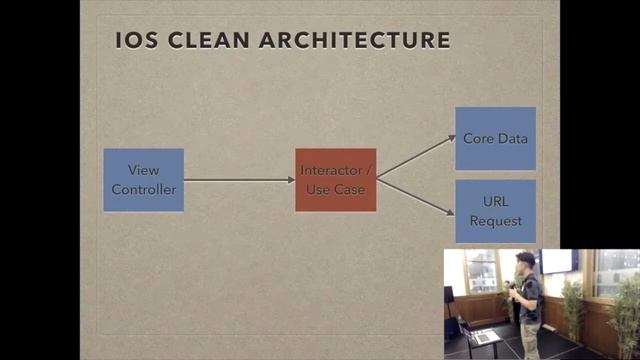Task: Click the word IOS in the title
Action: (133, 41)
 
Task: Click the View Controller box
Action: (144, 180)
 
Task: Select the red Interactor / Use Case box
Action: (336, 180)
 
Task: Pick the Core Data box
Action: (495, 139)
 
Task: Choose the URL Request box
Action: (495, 212)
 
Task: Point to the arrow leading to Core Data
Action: (415, 157)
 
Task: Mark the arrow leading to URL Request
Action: (415, 197)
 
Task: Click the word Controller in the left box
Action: (144, 190)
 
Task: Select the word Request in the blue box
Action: (495, 221)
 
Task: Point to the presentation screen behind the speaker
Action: (560, 261)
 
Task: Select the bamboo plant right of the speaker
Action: (573, 305)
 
